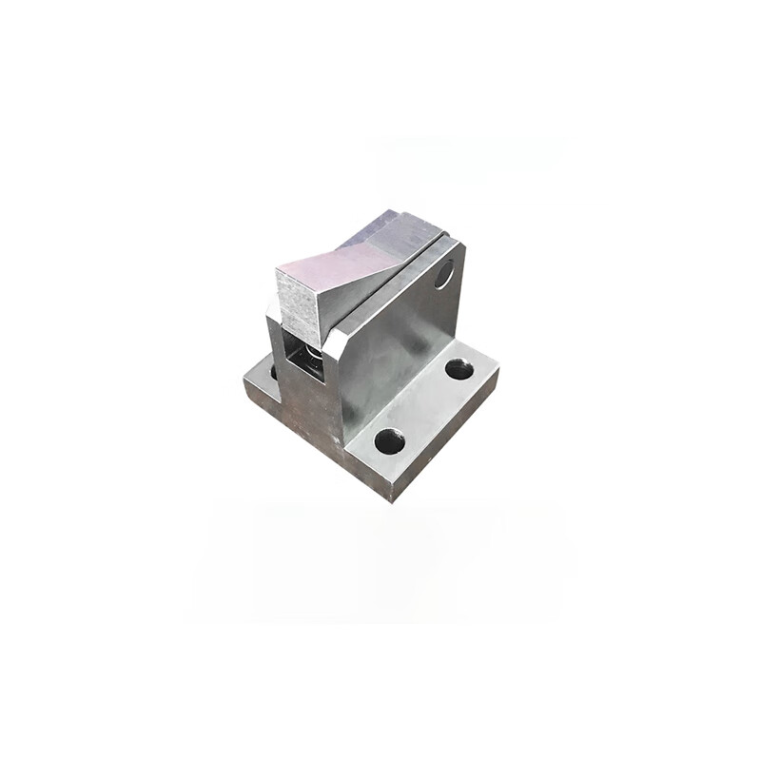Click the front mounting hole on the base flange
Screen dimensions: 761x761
pyautogui.click(x=389, y=440)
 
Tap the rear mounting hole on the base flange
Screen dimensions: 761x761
pyautogui.click(x=459, y=369)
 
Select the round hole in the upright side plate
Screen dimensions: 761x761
pyautogui.click(x=443, y=276)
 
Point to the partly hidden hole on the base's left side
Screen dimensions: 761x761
pyautogui.click(x=273, y=371)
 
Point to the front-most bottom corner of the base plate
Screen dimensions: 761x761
pyautogui.click(x=391, y=499)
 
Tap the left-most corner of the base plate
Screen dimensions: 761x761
pyautogui.click(x=244, y=379)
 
